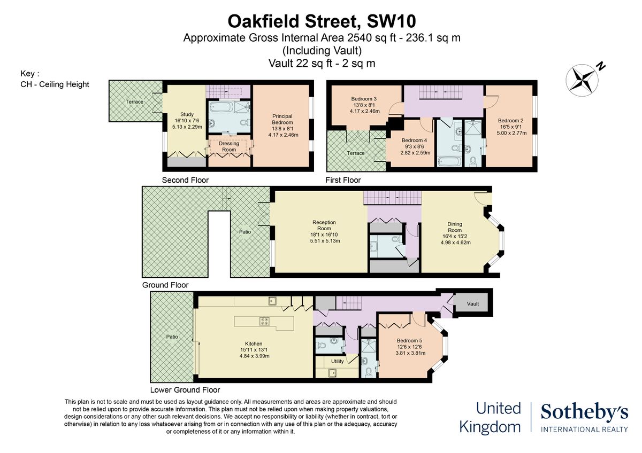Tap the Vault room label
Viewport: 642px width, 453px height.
coord(472,304)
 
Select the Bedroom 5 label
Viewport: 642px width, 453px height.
coord(409,341)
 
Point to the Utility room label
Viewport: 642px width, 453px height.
coord(338,361)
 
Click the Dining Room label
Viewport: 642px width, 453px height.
coord(455,228)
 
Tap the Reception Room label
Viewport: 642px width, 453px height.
coord(325,225)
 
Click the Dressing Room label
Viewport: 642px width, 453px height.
coord(229,146)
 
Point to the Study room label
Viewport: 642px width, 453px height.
coord(187,114)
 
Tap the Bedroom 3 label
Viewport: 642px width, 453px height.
coord(364,99)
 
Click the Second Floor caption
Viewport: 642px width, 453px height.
coord(185,180)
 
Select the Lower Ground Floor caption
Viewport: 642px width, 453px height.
coord(185,389)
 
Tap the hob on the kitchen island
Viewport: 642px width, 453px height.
coord(264,322)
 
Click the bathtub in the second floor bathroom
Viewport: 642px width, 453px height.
coord(220,107)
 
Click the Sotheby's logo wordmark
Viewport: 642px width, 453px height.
coord(584,412)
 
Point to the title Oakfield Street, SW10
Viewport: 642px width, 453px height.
coord(322,21)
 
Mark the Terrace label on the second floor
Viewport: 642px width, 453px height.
coord(134,101)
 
